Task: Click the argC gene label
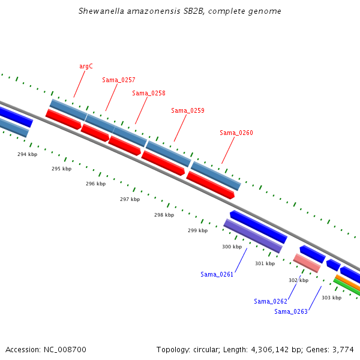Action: point(86,67)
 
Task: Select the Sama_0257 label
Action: point(119,80)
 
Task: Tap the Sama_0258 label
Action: point(149,93)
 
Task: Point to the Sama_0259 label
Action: point(188,110)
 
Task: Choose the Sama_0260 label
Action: point(236,133)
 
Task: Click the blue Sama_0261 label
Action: point(217,274)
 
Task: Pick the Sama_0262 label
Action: point(271,301)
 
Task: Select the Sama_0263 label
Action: point(291,311)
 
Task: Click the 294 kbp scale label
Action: point(28,154)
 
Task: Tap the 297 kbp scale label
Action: point(130,199)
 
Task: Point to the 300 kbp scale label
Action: point(232,247)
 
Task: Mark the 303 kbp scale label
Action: point(332,298)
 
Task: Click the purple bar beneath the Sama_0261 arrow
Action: point(253,236)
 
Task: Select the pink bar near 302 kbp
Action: point(307,263)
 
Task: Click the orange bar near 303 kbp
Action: point(347,282)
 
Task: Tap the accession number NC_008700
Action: point(65,350)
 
